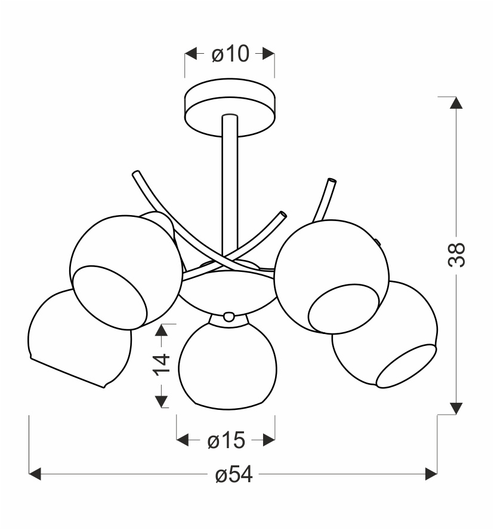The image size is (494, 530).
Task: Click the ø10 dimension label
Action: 230,54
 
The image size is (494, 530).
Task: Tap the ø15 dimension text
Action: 226,441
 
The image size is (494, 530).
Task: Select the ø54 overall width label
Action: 234,474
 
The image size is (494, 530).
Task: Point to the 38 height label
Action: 456,255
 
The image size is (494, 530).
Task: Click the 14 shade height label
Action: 162,364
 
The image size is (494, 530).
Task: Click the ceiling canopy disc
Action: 230,108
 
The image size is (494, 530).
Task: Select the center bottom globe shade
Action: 228,365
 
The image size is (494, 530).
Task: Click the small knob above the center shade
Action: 229,317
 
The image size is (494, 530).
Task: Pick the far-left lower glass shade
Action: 79,339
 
